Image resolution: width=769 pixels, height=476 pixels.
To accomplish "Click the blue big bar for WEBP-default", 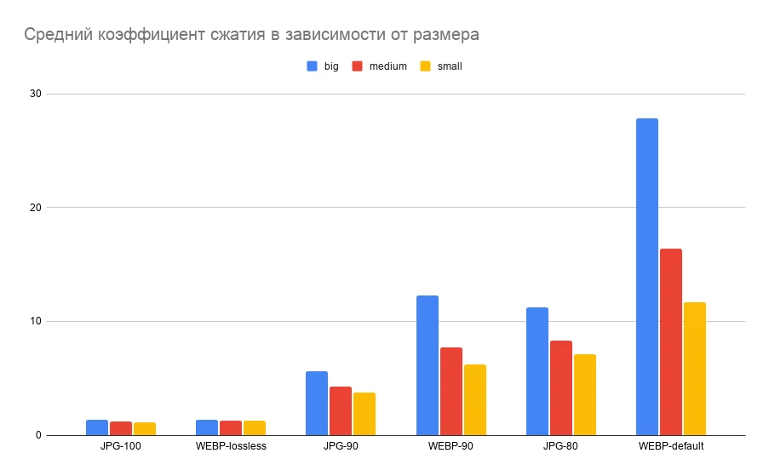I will [x=647, y=277].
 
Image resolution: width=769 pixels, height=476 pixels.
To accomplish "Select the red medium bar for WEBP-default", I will [x=671, y=341].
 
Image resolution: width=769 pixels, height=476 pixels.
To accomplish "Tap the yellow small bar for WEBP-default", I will [x=695, y=369].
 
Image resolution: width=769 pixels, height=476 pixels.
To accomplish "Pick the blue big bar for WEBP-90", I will [x=428, y=365].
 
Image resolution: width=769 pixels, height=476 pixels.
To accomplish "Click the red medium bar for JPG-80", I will [x=561, y=387].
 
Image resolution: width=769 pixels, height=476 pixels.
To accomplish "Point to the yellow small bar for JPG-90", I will [x=364, y=414].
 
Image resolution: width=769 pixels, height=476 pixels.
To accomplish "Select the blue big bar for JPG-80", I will [x=537, y=371].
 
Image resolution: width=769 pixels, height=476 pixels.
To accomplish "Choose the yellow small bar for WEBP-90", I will [x=475, y=399].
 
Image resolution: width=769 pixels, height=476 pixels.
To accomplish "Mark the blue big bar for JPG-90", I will [x=317, y=403].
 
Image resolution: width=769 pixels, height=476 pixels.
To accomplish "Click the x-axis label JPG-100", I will [x=120, y=446].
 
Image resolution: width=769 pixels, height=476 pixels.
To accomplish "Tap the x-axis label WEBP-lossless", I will [x=231, y=446].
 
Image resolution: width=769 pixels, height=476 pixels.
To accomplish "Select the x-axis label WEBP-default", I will [x=671, y=446].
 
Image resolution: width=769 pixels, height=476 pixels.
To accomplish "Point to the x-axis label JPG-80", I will [x=561, y=446].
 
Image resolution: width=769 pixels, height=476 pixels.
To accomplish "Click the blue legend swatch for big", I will [x=312, y=66].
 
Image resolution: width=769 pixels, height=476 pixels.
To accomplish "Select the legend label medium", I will [x=387, y=66].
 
